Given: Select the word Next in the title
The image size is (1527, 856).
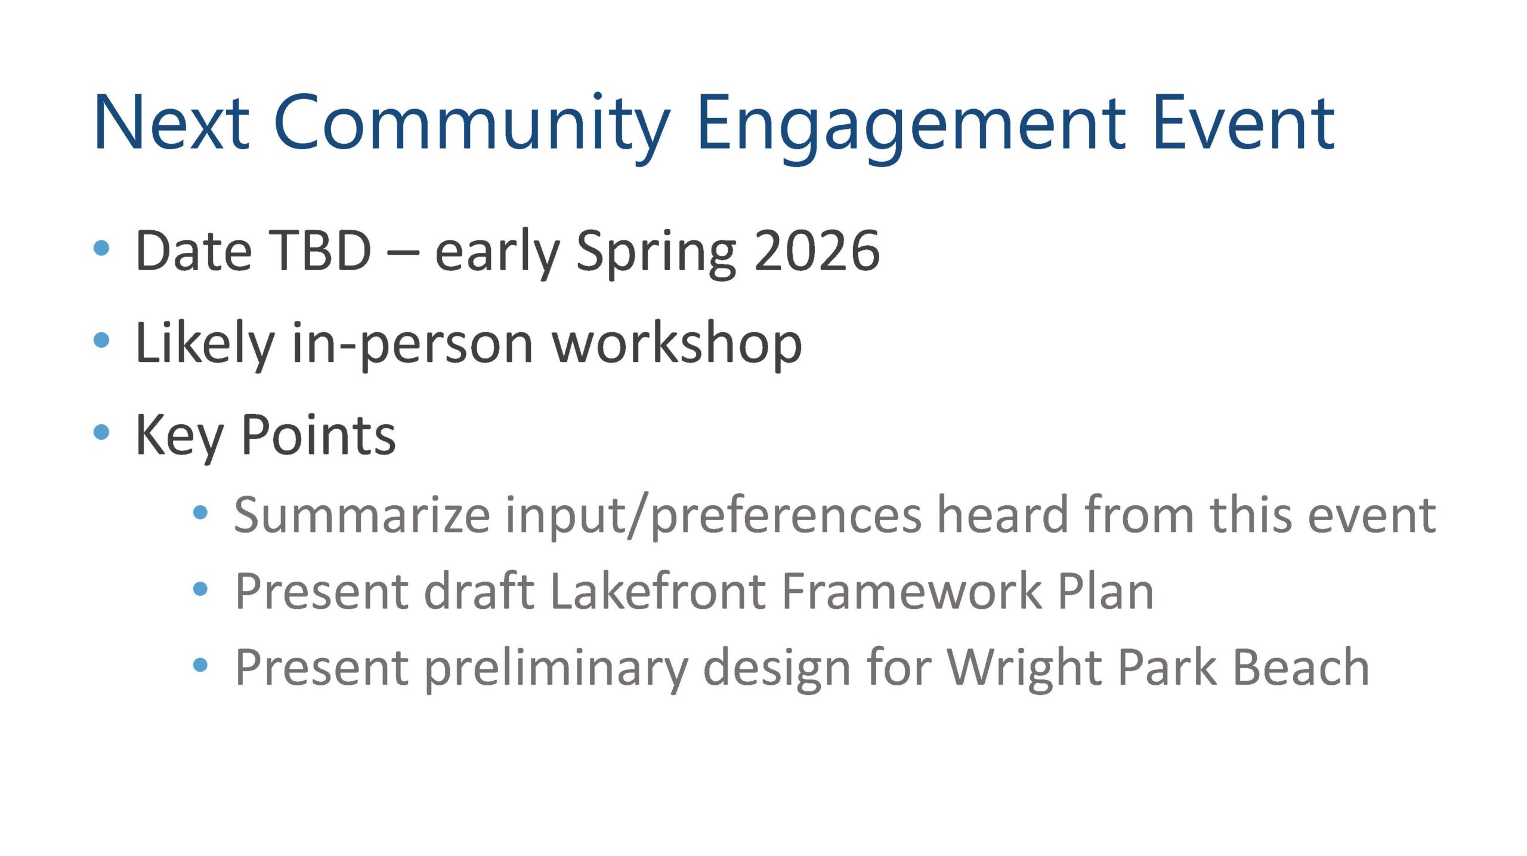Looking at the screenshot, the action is (x=171, y=123).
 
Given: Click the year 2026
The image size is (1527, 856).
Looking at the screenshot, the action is (x=817, y=251).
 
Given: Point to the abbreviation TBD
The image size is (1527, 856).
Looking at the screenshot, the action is (x=321, y=251).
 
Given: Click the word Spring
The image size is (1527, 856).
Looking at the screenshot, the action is (x=656, y=254).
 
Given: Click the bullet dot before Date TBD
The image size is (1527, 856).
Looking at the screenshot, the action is (x=102, y=248).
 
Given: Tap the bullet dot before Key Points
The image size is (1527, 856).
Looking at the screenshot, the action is (x=102, y=432).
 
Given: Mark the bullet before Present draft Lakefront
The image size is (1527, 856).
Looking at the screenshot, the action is (x=200, y=589).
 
